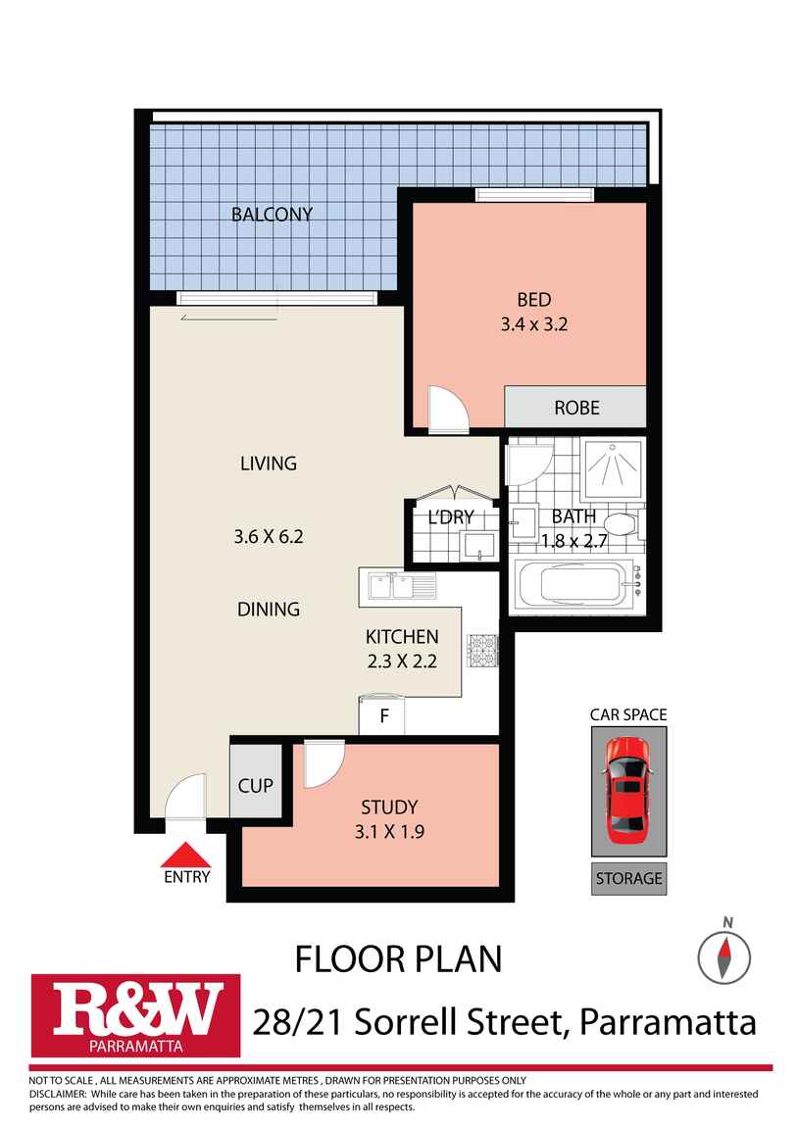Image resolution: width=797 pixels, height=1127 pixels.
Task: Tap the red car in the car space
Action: click(x=627, y=789)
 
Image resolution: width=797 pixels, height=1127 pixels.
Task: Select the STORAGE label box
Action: click(x=628, y=878)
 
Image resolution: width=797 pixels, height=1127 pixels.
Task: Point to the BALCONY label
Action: click(x=272, y=214)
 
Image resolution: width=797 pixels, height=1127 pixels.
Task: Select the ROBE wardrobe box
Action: click(x=575, y=407)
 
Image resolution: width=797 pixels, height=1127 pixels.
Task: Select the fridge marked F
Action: click(x=384, y=715)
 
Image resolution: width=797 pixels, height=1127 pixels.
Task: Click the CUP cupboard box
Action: click(x=255, y=786)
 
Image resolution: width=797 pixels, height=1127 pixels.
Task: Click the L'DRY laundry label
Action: click(x=451, y=516)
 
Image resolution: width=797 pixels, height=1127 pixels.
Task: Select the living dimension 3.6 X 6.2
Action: click(x=268, y=536)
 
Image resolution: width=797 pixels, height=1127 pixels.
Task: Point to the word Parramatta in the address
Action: click(x=669, y=1022)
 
